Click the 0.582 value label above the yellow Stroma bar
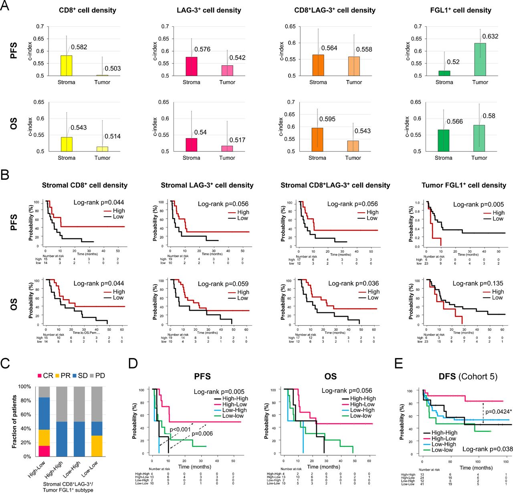point(79,47)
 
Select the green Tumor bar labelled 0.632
point(480,60)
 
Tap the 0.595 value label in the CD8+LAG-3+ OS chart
point(327,119)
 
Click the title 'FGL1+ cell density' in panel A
point(460,10)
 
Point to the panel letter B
point(5,175)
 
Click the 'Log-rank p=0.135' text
point(478,283)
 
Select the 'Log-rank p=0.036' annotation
point(353,283)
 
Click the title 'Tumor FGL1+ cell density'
point(464,185)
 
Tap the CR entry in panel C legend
point(45,376)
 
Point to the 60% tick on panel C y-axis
point(25,415)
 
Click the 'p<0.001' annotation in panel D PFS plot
point(180,430)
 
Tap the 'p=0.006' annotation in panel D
point(202,433)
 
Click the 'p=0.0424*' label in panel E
point(498,411)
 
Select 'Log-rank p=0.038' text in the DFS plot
point(487,449)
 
